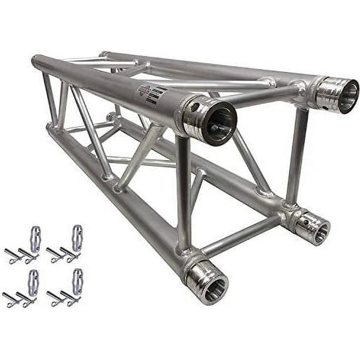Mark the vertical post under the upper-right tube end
click(298, 157)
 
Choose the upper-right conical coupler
click(78, 238)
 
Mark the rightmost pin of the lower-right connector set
click(73, 298)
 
